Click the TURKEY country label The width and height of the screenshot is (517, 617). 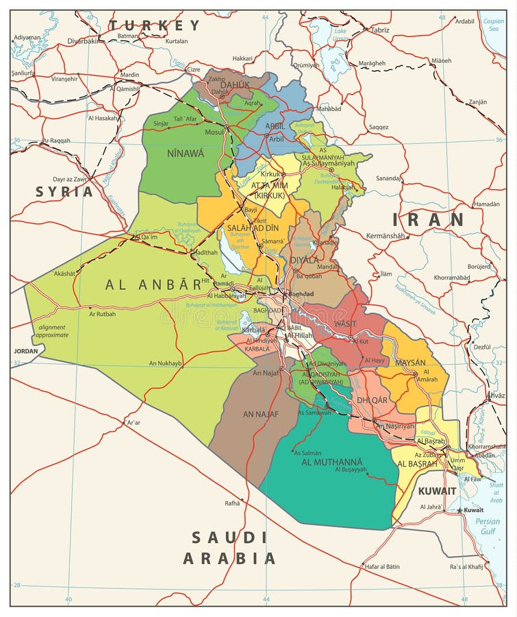pos(154,25)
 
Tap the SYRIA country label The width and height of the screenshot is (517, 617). pos(64,191)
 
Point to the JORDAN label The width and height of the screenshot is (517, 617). pos(26,350)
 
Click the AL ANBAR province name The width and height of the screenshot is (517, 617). pos(153,285)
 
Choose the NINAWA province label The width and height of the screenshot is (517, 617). pos(185,154)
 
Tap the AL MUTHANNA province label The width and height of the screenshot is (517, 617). pos(331,461)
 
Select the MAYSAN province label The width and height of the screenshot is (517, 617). pos(409,362)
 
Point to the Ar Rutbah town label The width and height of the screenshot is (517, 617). pos(102,314)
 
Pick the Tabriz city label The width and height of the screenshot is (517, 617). pos(380,30)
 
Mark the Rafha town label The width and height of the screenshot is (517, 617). pos(232,503)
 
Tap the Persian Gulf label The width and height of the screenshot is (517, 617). pos(488,526)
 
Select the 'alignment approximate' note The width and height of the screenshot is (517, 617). pos(53,331)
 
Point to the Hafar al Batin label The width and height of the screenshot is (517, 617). pos(381,566)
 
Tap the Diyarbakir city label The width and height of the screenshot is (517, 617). pos(82,40)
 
